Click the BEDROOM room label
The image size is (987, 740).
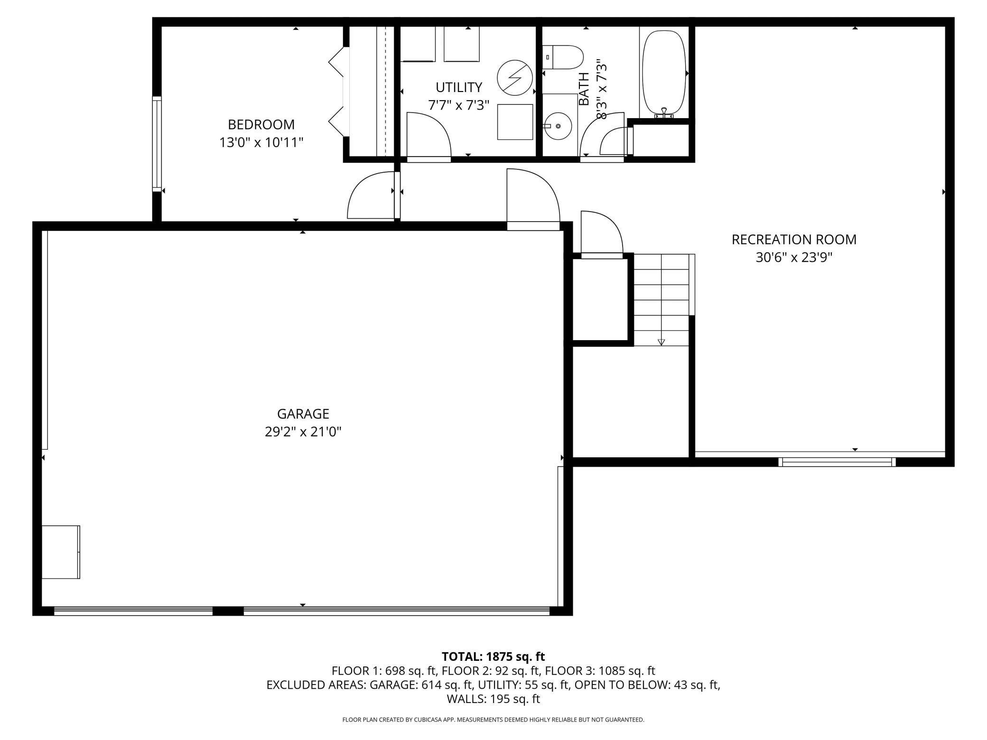point(261,124)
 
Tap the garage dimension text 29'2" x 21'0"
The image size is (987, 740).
point(303,432)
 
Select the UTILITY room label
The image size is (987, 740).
point(458,87)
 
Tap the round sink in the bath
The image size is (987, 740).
point(558,126)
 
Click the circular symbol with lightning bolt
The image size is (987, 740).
point(515,77)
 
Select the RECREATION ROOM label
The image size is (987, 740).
point(794,240)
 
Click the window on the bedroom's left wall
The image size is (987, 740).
point(157,144)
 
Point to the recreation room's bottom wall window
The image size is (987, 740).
point(837,462)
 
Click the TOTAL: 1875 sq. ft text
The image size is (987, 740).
point(493,657)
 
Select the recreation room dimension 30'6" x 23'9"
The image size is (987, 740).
point(794,258)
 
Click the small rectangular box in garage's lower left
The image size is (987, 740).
point(61,552)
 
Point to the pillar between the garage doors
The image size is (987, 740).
point(228,611)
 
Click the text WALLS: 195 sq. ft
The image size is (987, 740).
point(493,699)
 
